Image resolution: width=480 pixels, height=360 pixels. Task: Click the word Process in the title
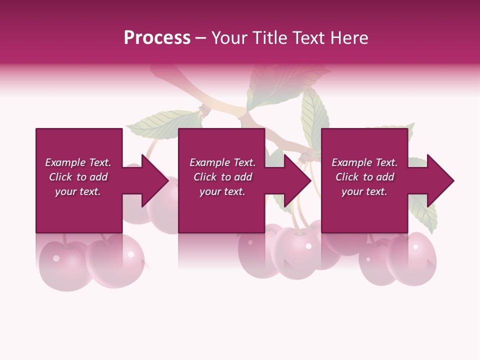157,38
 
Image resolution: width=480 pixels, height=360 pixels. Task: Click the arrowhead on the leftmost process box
152,180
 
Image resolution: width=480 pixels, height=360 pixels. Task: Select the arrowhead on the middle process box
295,180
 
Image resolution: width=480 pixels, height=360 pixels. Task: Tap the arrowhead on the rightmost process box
438,180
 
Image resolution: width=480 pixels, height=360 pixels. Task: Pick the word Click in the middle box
204,177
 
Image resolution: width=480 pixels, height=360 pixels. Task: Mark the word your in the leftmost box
65,191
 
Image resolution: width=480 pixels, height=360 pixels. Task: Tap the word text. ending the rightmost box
376,191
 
